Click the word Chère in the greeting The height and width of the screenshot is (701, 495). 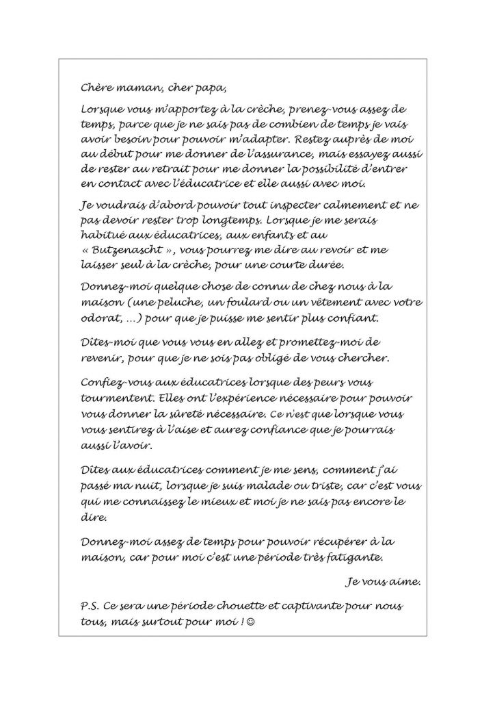96,87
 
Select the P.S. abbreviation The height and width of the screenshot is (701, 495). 91,608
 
